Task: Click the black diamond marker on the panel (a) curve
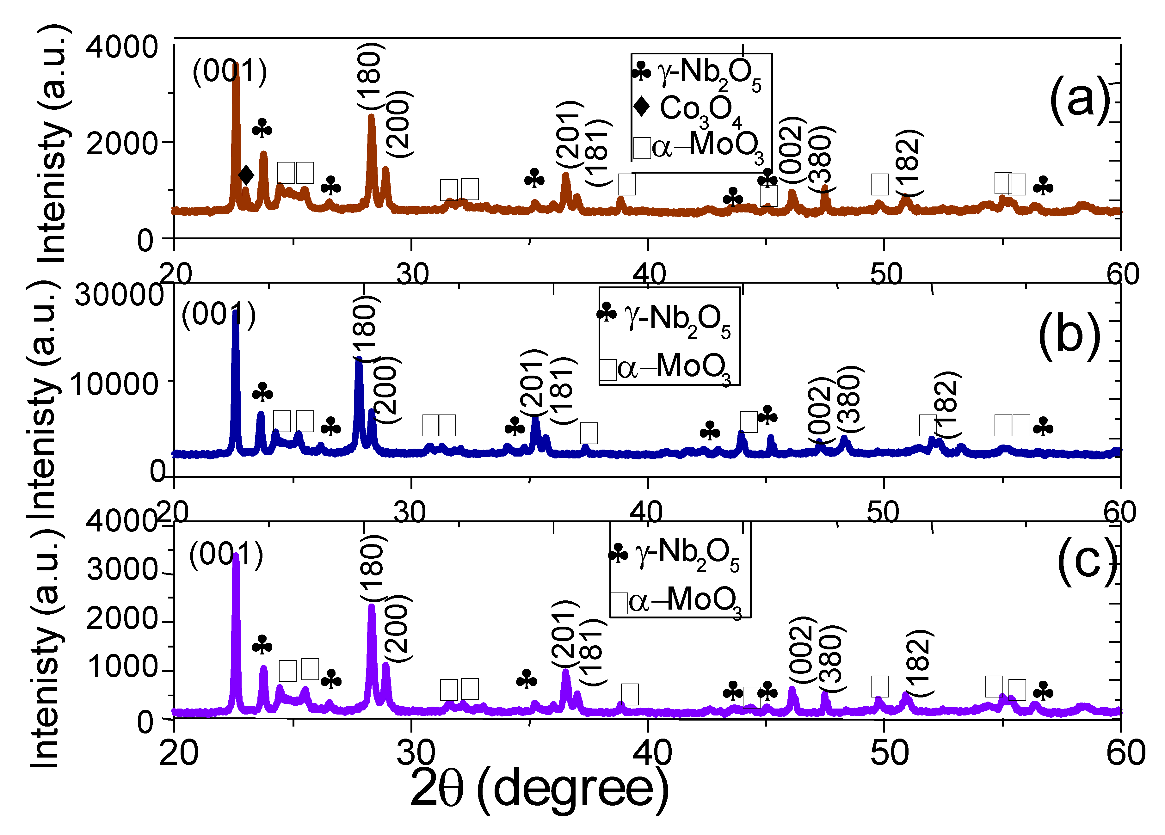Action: coord(246,175)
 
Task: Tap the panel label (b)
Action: coord(1069,337)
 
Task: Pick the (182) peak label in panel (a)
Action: coord(910,163)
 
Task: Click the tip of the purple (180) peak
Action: coord(371,606)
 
